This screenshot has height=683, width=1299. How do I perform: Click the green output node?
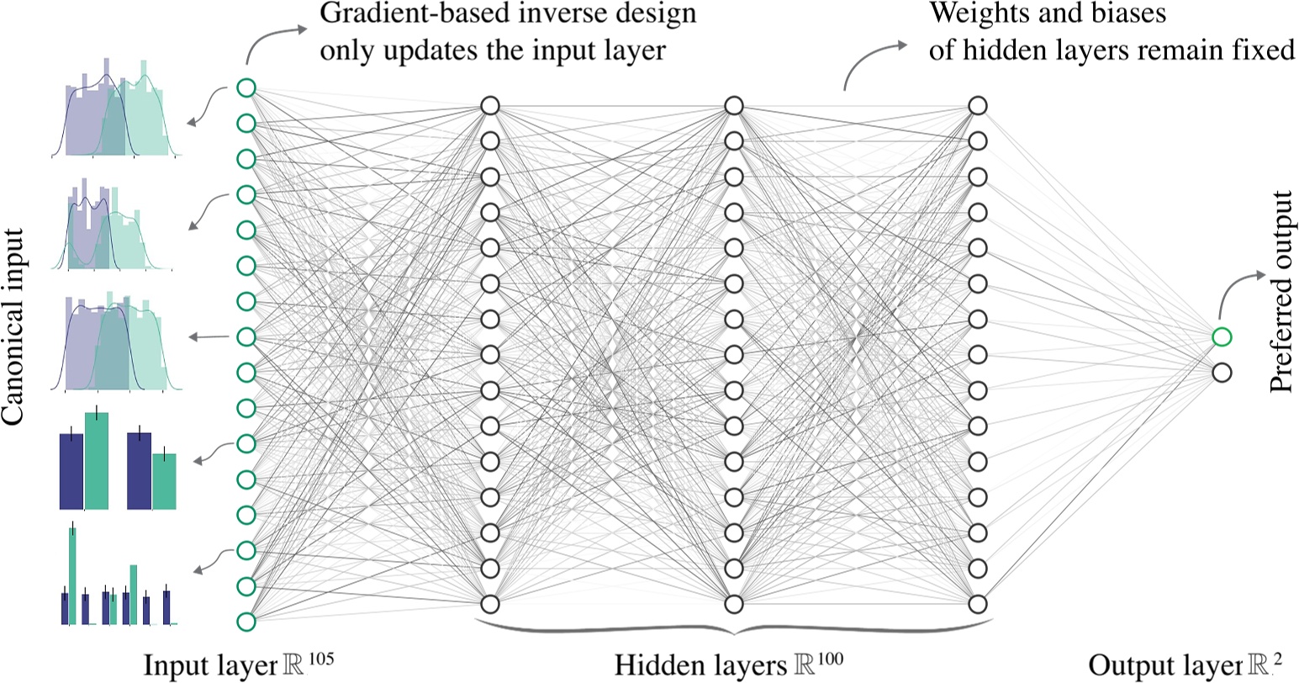click(x=1222, y=337)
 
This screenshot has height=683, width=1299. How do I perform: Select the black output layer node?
click(x=1222, y=371)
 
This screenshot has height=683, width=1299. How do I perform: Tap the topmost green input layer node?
click(x=246, y=87)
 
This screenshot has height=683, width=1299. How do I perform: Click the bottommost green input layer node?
click(x=246, y=622)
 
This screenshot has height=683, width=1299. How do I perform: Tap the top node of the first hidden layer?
click(x=490, y=106)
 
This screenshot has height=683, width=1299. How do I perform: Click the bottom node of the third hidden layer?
click(x=976, y=604)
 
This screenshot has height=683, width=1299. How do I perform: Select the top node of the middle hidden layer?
click(x=733, y=106)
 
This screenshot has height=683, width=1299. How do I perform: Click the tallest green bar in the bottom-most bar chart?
click(x=73, y=575)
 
